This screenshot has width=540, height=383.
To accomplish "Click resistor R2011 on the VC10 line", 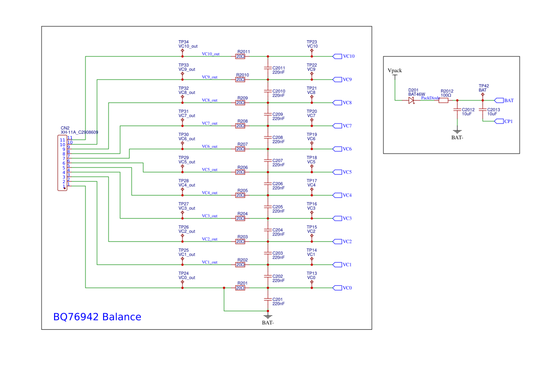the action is point(240,56).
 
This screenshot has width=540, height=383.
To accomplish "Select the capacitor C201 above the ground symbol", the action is point(267,299).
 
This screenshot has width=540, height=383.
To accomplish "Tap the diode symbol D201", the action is point(411,100).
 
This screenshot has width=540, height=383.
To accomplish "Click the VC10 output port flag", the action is point(337,56).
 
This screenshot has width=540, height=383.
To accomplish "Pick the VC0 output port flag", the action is point(337,288).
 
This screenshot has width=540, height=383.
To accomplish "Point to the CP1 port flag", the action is point(499,121).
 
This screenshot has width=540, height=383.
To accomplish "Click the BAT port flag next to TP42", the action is point(499,100).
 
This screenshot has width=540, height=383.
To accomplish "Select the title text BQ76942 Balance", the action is point(97,317).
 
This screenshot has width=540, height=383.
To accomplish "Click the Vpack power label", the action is point(394,70).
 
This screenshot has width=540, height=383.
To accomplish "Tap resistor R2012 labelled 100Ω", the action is point(443,100).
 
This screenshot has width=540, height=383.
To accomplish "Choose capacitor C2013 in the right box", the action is point(482,110).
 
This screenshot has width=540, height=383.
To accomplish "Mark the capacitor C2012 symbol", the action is point(457,110).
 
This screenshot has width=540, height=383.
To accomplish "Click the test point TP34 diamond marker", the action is point(182,51).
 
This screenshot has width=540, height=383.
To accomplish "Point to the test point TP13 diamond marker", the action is point(312,282).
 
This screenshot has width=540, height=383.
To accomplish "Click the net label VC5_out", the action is point(209,170).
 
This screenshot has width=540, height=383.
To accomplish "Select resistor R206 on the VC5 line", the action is point(240,172).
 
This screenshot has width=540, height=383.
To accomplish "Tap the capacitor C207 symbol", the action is point(267,161).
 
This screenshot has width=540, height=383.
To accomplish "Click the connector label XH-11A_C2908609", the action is point(79,132).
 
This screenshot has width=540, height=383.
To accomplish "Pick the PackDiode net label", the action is point(430,98).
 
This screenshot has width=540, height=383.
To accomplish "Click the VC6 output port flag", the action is point(337,149).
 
